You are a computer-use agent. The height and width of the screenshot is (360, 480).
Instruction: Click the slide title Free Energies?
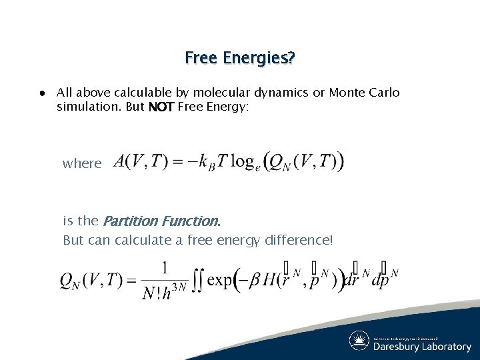[x=240, y=58]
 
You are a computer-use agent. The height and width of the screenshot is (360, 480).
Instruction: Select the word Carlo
[x=385, y=93]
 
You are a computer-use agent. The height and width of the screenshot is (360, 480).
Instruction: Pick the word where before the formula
[x=82, y=163]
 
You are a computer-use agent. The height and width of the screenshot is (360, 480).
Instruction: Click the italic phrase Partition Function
[x=161, y=221]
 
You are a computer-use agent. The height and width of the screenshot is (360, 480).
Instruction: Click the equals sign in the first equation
[x=179, y=162]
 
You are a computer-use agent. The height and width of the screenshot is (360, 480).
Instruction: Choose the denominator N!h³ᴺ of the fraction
[x=163, y=293]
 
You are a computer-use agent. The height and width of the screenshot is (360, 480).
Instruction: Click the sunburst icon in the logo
[x=359, y=341]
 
